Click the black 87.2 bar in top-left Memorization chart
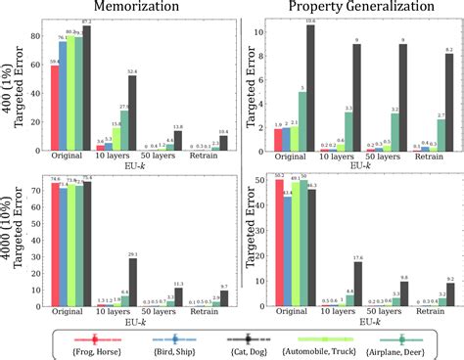point(86,88)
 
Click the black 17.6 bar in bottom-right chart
point(358,287)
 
